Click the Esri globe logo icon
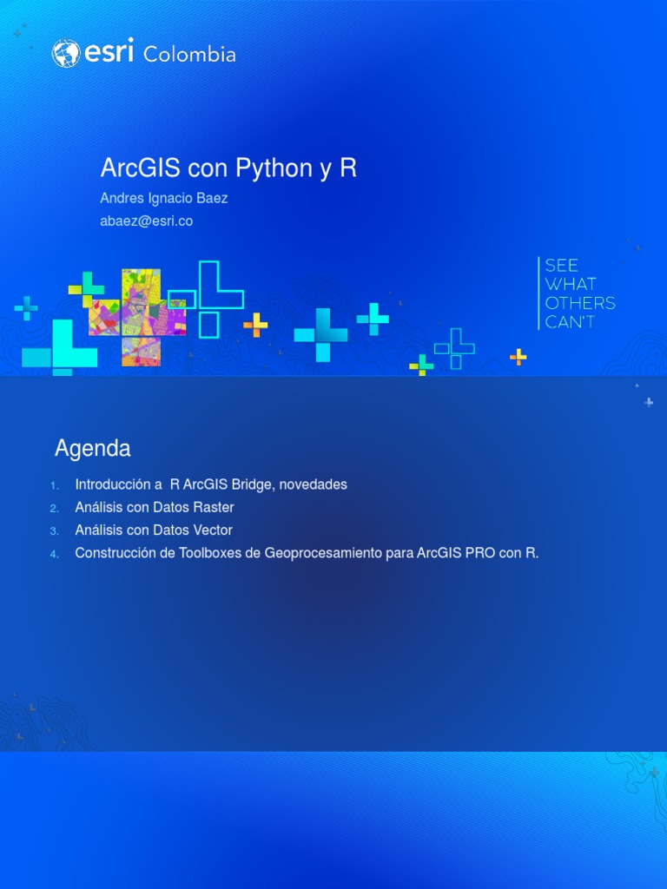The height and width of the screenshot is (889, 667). click(x=66, y=54)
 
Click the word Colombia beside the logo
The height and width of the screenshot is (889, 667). click(x=189, y=55)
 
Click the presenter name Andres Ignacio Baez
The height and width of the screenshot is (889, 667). click(x=164, y=198)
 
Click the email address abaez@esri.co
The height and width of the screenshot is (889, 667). click(x=147, y=221)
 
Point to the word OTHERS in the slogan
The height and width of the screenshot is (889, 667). click(x=580, y=303)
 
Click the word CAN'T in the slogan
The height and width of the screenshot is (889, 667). click(x=570, y=322)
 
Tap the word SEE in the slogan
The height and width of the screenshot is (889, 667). click(x=562, y=266)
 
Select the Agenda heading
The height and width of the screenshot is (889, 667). click(x=93, y=449)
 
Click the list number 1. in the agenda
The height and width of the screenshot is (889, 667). click(x=54, y=485)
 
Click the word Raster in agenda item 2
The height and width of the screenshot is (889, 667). click(x=214, y=507)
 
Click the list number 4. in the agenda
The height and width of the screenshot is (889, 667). click(x=54, y=554)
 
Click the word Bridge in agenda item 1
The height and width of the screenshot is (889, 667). click(x=252, y=484)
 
